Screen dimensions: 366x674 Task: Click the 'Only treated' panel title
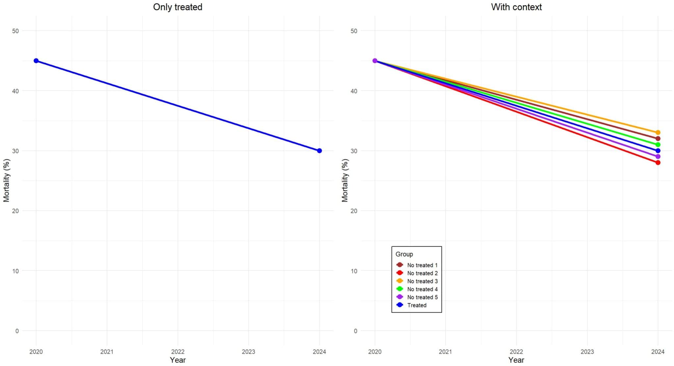(x=177, y=7)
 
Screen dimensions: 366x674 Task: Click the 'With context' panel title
(x=516, y=7)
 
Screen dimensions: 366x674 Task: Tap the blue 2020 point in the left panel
(x=36, y=61)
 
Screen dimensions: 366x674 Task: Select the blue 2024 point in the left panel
(x=319, y=151)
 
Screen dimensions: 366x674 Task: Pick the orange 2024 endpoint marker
(x=658, y=133)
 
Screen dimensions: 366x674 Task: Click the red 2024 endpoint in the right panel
(x=658, y=163)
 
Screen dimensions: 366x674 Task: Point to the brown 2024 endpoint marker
(x=658, y=139)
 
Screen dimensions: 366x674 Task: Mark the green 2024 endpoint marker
(x=658, y=144)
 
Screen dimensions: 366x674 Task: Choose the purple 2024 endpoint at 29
(x=658, y=157)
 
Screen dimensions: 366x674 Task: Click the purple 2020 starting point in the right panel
(x=375, y=61)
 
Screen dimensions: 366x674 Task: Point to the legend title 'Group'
(x=404, y=254)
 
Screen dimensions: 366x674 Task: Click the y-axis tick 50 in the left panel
(x=15, y=31)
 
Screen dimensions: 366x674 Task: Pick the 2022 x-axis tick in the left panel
(x=178, y=352)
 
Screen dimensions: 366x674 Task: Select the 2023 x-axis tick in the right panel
(x=587, y=352)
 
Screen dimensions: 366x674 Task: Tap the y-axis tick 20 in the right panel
(x=354, y=211)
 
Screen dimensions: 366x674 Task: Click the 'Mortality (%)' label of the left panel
(x=7, y=180)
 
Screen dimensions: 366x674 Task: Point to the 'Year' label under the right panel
(x=516, y=360)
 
